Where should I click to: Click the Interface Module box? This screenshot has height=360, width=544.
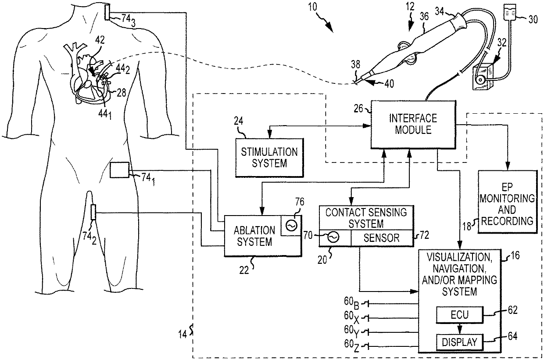point(413,124)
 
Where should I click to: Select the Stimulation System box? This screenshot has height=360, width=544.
point(269,158)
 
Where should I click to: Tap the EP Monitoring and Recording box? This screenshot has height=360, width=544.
point(507,202)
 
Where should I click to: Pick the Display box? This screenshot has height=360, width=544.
point(459,342)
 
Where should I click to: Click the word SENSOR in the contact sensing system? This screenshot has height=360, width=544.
point(381,238)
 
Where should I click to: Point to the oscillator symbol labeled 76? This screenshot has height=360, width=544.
point(291,226)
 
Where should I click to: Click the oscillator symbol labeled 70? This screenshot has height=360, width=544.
point(333,237)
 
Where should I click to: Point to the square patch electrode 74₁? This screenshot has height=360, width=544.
point(119,170)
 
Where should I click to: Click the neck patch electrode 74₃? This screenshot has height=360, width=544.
point(107,13)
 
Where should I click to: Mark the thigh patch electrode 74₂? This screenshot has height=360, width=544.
point(93,212)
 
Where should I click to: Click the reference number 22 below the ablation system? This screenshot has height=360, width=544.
point(244,270)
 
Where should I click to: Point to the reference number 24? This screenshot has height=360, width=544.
point(239,121)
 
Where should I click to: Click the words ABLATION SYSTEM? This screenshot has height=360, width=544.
point(254,236)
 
